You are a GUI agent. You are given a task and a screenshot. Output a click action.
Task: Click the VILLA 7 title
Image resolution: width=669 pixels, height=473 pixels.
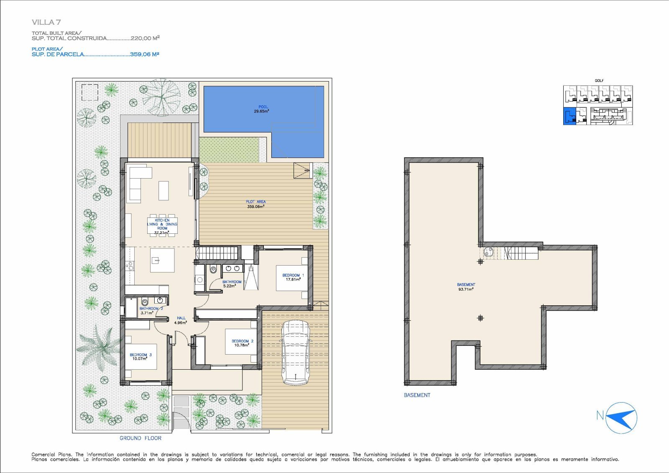46,22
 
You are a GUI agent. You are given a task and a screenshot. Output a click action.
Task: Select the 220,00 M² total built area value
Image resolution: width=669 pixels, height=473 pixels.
145,38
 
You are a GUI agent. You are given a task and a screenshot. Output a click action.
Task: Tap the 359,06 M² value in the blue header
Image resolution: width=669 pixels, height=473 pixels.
144,54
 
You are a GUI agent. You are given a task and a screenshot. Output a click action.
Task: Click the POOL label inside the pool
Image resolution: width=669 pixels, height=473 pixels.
263,107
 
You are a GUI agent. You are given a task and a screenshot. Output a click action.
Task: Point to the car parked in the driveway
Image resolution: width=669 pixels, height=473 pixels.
295,353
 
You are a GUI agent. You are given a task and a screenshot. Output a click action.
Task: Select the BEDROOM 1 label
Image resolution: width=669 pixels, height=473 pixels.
293,275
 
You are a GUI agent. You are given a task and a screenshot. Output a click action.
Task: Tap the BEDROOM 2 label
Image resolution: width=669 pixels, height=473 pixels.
242,341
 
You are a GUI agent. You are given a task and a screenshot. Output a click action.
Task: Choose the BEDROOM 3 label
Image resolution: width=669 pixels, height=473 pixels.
140,355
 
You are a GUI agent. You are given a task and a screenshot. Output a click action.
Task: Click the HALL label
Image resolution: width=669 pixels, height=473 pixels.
181,318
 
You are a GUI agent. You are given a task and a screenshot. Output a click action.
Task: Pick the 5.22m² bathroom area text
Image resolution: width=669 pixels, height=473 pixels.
230,286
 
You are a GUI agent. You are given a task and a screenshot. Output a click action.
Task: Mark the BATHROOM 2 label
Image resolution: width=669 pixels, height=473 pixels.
151,308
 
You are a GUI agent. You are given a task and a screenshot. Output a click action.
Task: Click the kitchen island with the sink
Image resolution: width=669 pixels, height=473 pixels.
162,260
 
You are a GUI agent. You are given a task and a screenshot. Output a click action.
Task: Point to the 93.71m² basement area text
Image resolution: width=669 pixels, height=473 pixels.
466,289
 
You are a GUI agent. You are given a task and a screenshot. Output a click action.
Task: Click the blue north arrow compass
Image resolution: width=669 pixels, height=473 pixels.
622,418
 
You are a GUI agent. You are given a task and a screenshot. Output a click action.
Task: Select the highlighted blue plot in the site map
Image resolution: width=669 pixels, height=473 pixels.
569,116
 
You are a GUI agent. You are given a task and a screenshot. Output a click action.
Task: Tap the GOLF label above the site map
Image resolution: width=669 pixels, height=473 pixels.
599,81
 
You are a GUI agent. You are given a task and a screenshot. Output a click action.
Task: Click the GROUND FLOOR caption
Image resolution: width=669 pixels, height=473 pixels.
140,438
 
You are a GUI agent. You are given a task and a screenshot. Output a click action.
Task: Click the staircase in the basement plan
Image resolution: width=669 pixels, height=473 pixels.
522,253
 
